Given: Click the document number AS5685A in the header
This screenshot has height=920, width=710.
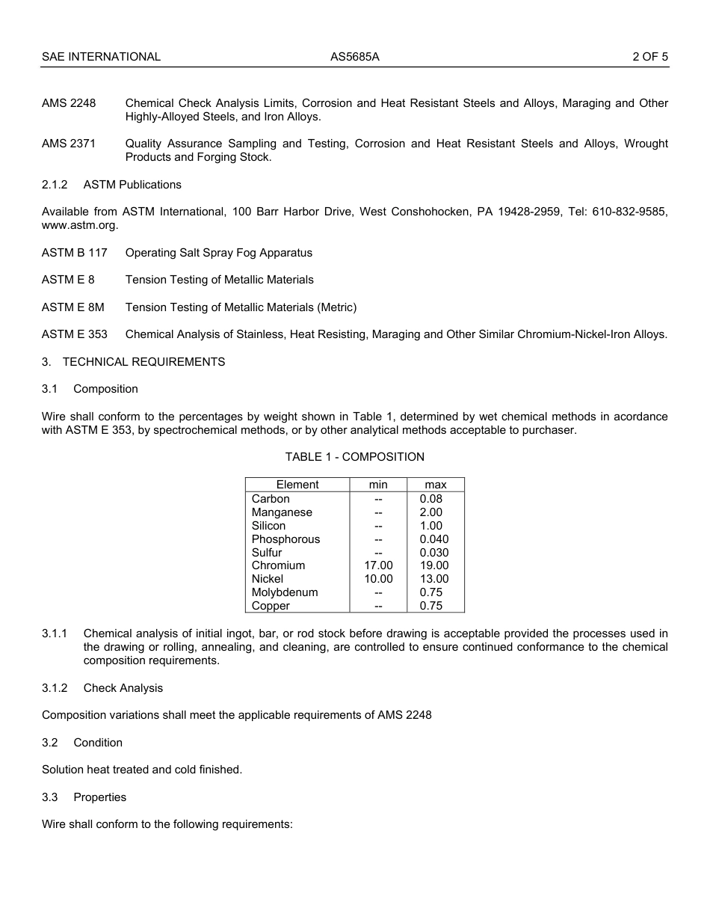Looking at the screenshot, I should (355, 56).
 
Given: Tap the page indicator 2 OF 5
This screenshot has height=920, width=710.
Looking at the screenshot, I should (649, 56).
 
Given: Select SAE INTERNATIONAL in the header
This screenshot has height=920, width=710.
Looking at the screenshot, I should (101, 56).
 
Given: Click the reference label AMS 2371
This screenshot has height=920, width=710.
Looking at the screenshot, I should (69, 144).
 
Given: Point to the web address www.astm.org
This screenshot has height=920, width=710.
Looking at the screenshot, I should (79, 225).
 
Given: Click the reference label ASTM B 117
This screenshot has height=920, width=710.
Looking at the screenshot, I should (74, 253).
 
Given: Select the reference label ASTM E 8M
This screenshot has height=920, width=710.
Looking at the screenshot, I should (73, 307).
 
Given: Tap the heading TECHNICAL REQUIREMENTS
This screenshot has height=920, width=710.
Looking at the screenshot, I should (143, 362).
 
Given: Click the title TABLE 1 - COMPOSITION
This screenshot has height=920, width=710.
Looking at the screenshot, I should (354, 457).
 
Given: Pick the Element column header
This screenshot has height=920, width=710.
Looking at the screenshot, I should (297, 485).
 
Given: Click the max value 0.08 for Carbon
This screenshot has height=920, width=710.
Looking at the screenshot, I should (431, 499).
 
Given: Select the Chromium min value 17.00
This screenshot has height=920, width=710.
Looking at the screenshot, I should (378, 566).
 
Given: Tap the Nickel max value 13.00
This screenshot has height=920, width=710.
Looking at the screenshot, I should (434, 579).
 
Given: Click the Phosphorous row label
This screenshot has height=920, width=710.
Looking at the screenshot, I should (285, 539).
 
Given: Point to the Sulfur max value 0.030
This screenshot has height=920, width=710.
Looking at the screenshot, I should (434, 553).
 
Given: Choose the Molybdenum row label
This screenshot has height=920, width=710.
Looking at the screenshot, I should (285, 592).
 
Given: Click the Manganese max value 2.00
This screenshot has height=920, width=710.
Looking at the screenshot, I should (431, 512).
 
